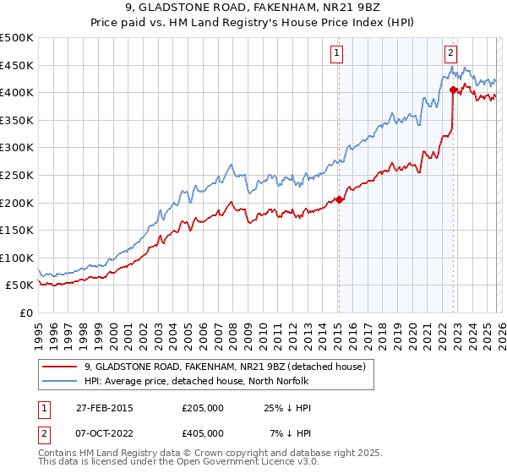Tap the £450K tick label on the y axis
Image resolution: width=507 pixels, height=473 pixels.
17,65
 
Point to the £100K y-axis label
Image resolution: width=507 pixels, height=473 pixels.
17,258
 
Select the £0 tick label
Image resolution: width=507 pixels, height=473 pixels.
25,313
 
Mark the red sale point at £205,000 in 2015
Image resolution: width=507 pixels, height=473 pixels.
339,199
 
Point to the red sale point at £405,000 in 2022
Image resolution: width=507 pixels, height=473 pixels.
454,89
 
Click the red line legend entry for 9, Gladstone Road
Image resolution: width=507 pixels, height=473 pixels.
224,367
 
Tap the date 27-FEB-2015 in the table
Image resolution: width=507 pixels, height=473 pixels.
110,407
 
